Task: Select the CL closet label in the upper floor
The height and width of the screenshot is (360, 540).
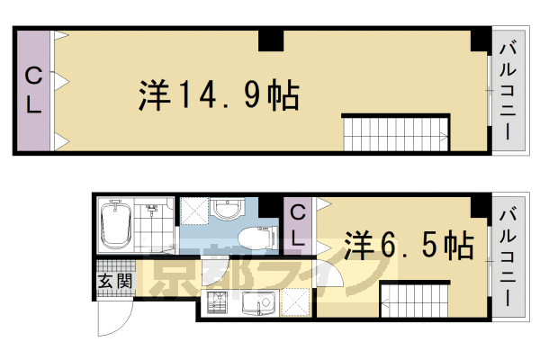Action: pos(33,91)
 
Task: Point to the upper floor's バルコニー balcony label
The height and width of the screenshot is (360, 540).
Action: pos(507,91)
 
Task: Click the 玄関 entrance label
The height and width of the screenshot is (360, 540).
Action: pos(114,279)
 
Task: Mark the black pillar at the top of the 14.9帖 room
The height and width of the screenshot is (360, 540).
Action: pos(271,40)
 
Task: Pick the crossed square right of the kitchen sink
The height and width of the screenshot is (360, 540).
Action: pos(294,305)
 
